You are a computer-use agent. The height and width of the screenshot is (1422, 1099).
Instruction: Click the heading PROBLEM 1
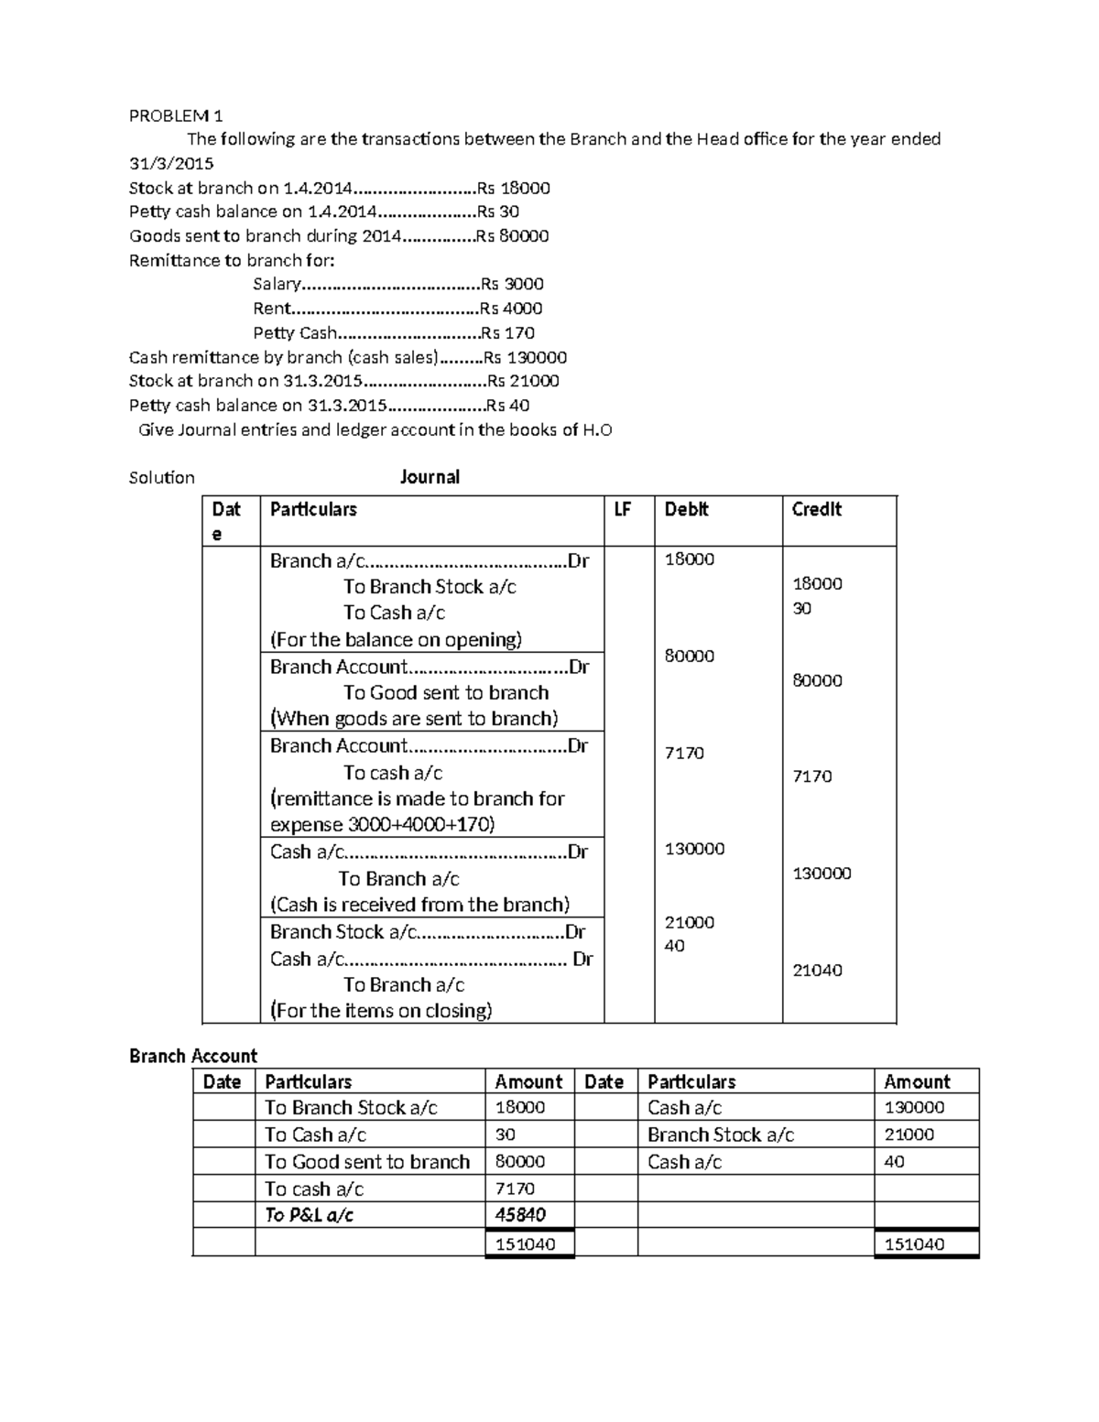coord(176,115)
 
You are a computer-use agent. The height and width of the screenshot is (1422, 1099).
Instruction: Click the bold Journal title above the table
coord(430,477)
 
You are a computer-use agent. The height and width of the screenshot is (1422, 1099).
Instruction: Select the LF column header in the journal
coord(623,510)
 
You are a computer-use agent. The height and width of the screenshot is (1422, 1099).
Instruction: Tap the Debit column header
coord(686,510)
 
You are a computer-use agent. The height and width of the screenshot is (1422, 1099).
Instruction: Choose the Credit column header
coord(816,510)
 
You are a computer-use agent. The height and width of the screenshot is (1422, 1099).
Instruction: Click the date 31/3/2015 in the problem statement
coord(171,164)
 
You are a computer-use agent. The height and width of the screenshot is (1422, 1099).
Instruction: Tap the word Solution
coord(162,478)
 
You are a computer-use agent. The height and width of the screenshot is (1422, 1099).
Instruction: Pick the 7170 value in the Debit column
coord(684,753)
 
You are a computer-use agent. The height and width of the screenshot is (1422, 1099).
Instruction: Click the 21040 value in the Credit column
coord(817,970)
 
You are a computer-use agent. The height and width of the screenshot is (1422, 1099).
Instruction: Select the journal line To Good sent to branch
coord(446,693)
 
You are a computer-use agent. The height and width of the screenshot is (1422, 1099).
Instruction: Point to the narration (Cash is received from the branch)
coord(419,905)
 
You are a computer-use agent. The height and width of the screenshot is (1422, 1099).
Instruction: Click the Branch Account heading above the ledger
coord(193,1056)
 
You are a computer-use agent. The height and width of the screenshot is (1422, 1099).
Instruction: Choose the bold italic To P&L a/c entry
coord(309,1215)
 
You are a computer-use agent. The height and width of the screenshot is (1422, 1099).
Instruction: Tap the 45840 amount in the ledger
coord(520,1215)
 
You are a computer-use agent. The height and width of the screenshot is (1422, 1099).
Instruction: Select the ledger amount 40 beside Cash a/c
coord(894,1162)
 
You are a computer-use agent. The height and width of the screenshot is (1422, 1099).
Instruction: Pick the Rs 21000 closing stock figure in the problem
coord(523,381)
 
